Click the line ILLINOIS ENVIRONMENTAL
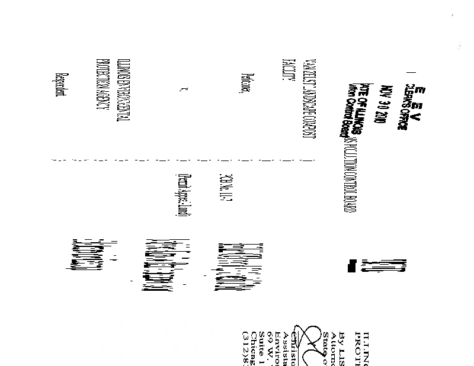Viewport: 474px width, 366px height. pos(120,92)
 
